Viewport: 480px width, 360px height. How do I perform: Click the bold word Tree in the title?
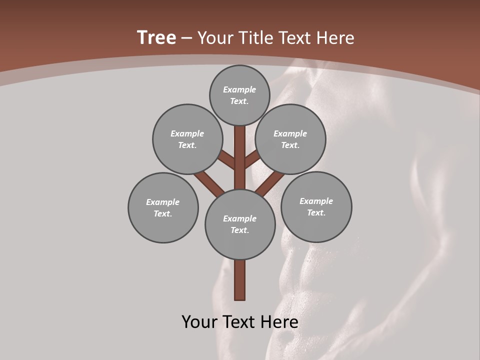156,38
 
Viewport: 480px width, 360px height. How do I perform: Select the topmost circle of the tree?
239,95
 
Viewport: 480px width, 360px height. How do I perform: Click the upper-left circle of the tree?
187,139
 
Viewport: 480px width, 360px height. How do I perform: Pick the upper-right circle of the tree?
290,139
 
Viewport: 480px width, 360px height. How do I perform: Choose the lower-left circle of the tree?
163,207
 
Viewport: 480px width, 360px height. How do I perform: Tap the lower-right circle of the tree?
316,206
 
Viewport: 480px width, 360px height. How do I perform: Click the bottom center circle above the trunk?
240,224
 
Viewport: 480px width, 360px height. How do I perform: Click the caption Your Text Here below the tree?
240,322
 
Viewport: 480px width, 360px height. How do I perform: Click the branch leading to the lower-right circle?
270,183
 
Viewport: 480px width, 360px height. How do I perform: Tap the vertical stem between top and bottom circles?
240,157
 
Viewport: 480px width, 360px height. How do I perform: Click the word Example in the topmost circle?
239,89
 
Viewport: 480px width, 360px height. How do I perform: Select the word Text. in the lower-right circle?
316,212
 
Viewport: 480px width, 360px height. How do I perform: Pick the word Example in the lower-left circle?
163,202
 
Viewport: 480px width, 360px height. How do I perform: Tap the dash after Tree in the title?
186,38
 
